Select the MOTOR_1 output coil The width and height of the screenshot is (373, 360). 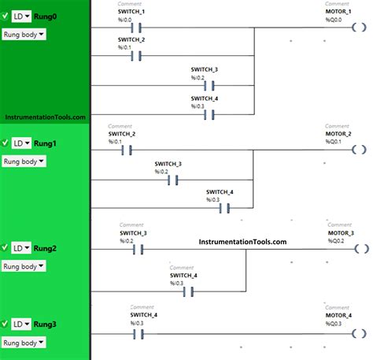358,32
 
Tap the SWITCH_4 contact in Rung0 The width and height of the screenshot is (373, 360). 209,114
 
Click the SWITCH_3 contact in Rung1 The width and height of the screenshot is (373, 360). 174,180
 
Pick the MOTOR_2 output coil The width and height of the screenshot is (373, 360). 358,150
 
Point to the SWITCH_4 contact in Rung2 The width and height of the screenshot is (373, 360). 189,291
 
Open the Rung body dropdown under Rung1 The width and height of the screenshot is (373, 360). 25,161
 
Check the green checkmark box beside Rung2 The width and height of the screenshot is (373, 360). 6,247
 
